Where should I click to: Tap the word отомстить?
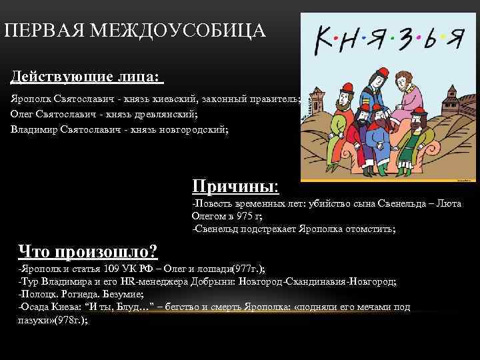click(371, 229)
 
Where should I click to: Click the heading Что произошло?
click(87, 251)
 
